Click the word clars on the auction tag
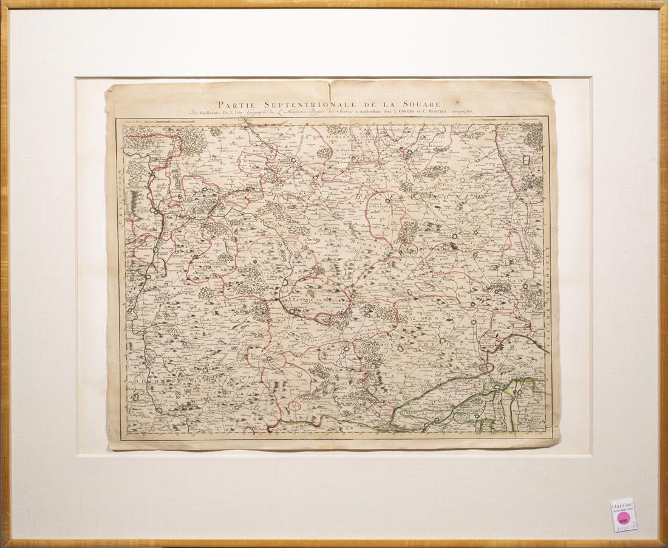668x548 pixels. tap(620, 504)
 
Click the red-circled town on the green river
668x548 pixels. tap(484, 368)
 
